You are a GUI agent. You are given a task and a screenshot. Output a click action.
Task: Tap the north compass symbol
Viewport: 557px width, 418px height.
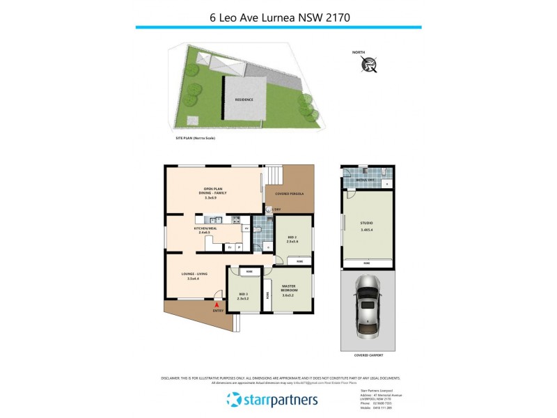369,65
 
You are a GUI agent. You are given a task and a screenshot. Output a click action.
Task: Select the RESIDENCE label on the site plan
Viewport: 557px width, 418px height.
243,100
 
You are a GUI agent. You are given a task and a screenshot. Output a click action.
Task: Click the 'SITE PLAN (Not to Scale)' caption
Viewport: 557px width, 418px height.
196,139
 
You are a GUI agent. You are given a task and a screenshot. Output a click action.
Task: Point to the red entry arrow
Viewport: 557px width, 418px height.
217,304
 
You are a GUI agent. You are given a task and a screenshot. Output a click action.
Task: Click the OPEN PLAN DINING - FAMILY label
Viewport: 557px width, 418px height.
215,194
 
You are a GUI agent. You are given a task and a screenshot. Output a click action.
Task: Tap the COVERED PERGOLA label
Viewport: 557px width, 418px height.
290,193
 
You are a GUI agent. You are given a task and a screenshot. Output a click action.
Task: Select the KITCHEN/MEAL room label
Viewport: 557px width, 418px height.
206,230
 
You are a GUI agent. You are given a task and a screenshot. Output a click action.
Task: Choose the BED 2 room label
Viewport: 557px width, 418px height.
292,238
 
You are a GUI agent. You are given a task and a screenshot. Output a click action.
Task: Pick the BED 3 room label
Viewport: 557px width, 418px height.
243,296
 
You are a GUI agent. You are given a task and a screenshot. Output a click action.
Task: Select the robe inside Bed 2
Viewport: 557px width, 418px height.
299,261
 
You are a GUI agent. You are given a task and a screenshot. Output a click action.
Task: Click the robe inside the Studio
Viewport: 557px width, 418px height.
366,263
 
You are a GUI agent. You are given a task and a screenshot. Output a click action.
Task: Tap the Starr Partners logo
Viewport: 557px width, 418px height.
272,399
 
